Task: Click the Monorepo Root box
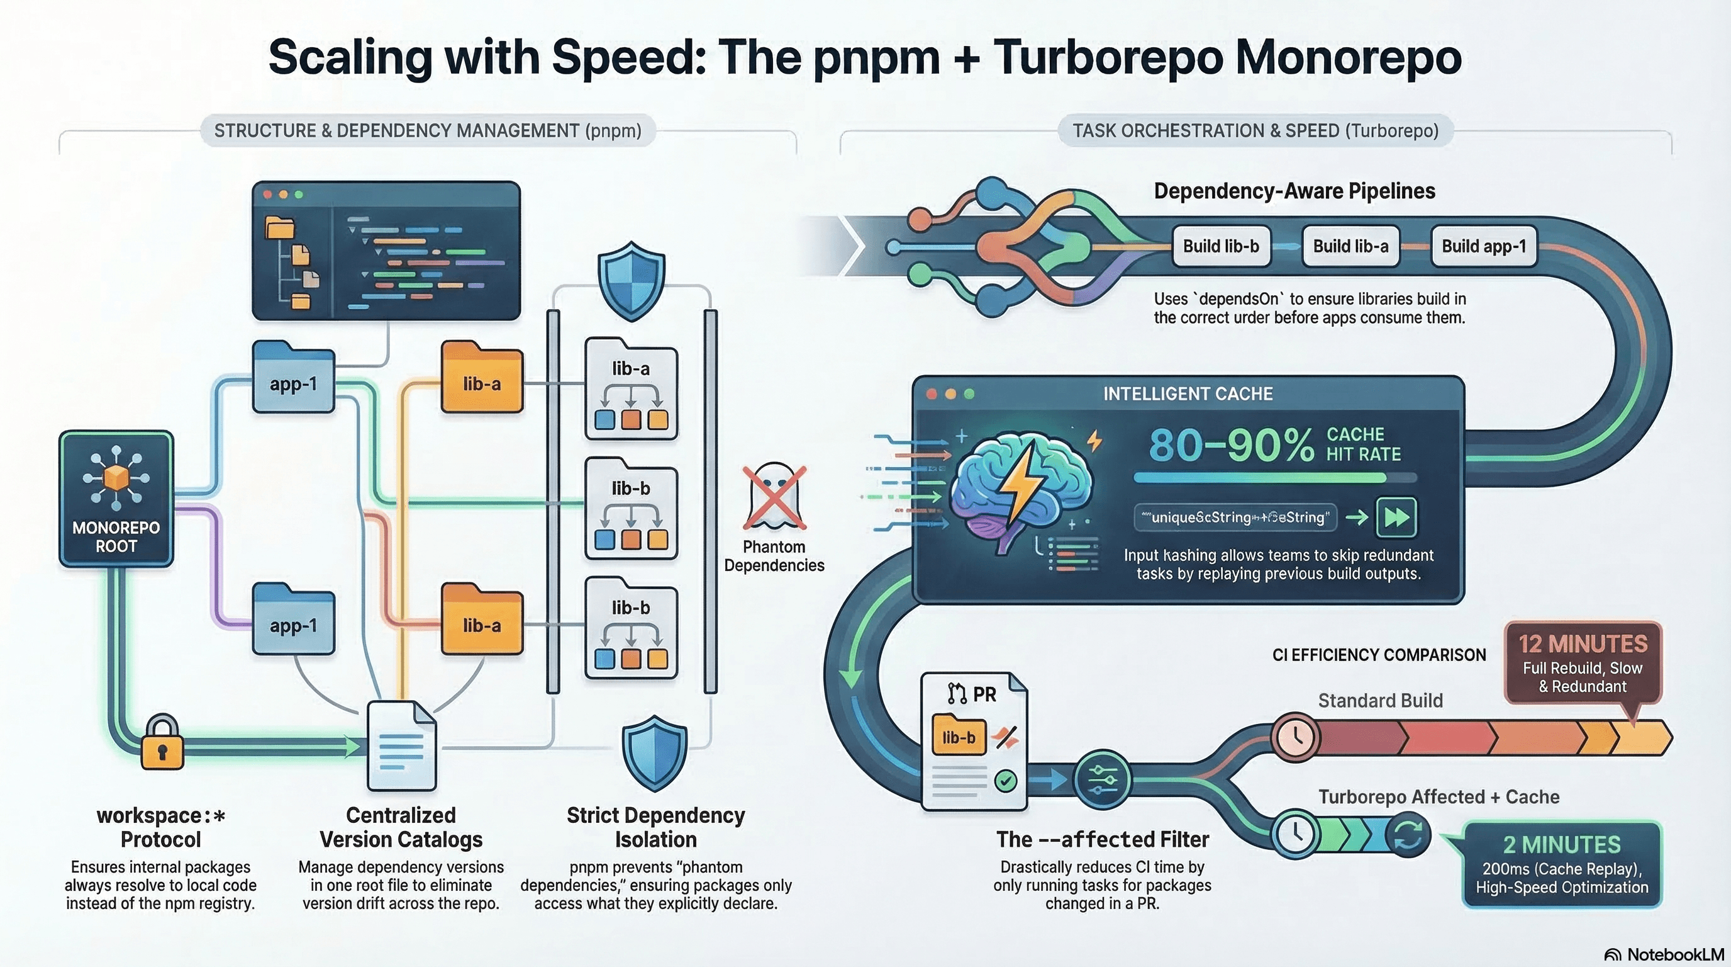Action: pyautogui.click(x=116, y=498)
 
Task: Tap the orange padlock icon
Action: pyautogui.click(x=162, y=744)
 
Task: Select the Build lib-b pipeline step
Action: pyautogui.click(x=1220, y=246)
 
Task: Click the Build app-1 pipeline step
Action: pyautogui.click(x=1484, y=246)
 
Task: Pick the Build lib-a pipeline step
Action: pyautogui.click(x=1350, y=246)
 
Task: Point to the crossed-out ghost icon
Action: pyautogui.click(x=774, y=497)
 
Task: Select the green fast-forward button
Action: pyautogui.click(x=1396, y=517)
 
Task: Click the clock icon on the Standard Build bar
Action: pyautogui.click(x=1295, y=737)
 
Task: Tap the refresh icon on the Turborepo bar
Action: pyautogui.click(x=1408, y=835)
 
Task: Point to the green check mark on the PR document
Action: pyautogui.click(x=1005, y=780)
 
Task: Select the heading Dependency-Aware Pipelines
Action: pyautogui.click(x=1294, y=191)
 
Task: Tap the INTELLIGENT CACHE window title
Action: pyautogui.click(x=1188, y=393)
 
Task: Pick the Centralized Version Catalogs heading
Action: pyautogui.click(x=401, y=827)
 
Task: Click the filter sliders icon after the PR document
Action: pyautogui.click(x=1102, y=779)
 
